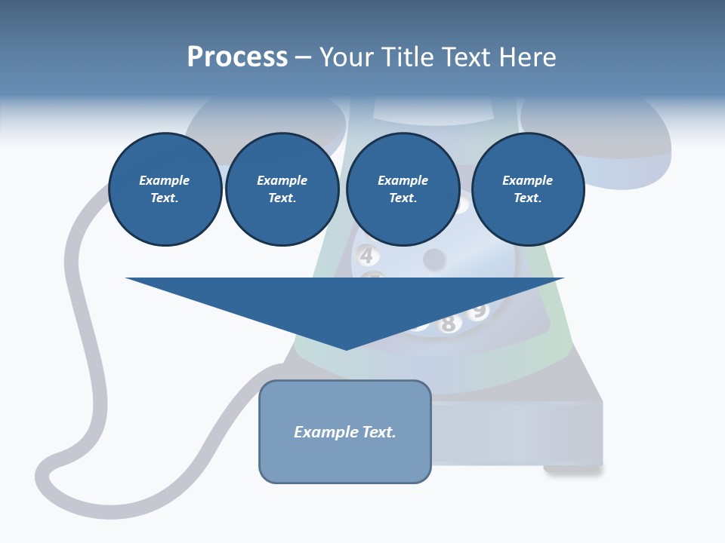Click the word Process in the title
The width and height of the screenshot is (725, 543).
pos(237,57)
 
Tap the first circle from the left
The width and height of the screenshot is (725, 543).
pos(165,189)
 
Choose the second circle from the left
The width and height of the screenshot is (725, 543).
pos(282,189)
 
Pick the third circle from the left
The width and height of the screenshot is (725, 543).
pos(403,189)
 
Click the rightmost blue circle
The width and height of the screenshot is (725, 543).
pos(527,189)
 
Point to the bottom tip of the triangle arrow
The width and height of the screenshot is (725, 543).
pos(346,348)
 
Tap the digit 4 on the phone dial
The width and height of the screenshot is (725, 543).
pos(366,256)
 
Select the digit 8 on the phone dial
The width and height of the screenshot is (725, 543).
pos(448,324)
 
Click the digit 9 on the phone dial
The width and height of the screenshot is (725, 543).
pos(478,310)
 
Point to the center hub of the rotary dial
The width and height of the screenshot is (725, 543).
pos(433,259)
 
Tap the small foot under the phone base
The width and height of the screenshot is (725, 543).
pos(572,470)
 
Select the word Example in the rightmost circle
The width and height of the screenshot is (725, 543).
pos(527,180)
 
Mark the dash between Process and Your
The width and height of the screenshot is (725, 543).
pos(303,58)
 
